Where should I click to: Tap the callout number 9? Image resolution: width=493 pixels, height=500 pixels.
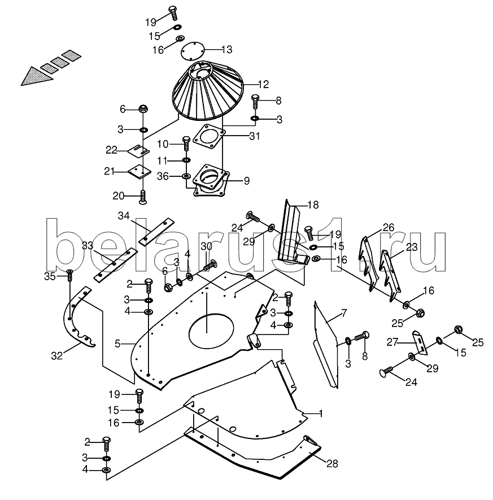pos(246,181)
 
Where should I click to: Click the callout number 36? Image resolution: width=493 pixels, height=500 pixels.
pos(162,177)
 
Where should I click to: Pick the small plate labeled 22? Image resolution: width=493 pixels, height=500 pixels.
pos(138,150)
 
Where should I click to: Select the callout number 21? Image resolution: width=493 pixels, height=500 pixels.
pos(109,171)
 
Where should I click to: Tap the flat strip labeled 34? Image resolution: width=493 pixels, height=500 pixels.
pos(153,229)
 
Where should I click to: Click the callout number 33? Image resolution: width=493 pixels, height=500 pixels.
pos(87,246)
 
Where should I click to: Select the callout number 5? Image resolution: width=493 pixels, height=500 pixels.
pos(117,343)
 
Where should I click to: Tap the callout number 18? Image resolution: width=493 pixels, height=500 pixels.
pos(313,204)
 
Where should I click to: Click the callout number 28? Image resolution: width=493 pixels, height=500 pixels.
pos(332,464)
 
